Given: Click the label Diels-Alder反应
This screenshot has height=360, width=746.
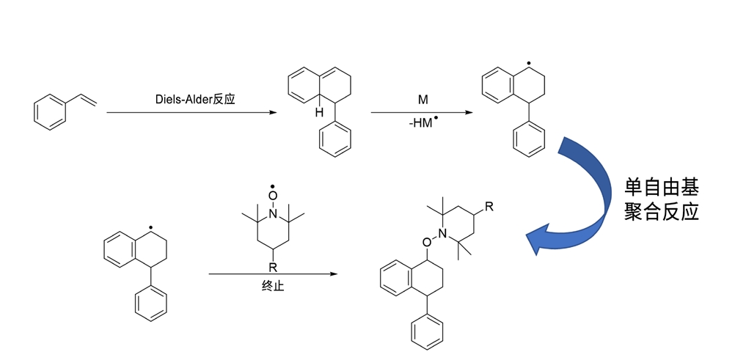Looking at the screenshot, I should [x=196, y=99].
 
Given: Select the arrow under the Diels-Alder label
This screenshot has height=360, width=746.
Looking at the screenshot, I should [x=191, y=113].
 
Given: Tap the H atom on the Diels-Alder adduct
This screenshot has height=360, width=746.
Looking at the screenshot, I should [x=319, y=112].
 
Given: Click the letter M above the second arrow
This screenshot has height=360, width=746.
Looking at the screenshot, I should [x=423, y=99].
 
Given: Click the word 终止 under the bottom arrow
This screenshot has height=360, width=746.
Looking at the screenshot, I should [x=272, y=286].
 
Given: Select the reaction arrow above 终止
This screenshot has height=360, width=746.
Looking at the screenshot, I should [x=272, y=274].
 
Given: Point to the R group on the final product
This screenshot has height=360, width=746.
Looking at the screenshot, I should [x=489, y=206].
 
